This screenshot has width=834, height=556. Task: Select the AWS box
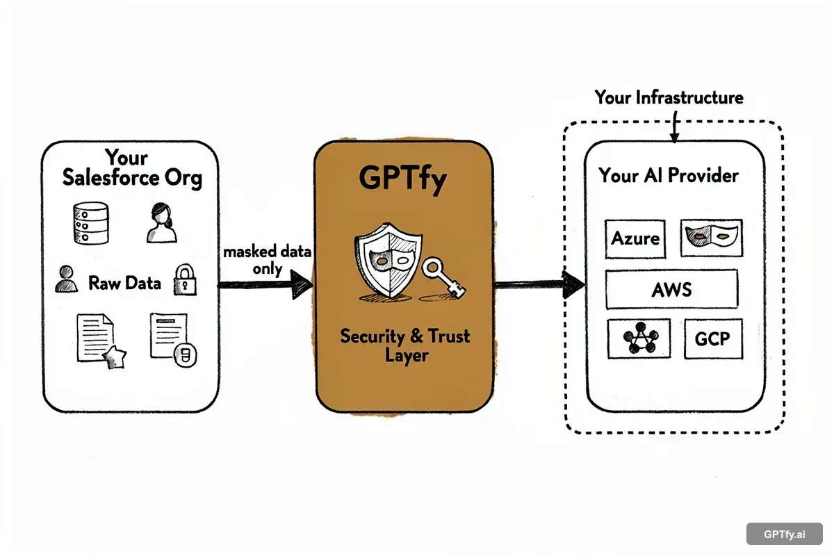click(x=671, y=289)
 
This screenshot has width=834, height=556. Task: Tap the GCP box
click(x=713, y=339)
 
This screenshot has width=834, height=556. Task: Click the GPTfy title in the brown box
click(x=403, y=179)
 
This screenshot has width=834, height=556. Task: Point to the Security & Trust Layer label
click(x=404, y=345)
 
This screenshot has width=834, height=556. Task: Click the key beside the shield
click(x=444, y=277)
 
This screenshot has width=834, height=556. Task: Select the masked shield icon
click(x=385, y=266)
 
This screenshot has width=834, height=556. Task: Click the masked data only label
click(x=267, y=260)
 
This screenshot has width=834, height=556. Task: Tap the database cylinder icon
click(x=90, y=222)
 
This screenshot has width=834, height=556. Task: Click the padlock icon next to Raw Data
click(x=185, y=279)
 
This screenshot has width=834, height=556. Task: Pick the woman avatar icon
click(x=162, y=222)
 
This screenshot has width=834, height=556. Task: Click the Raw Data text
click(x=124, y=283)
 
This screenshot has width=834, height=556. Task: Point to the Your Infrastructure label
click(x=669, y=97)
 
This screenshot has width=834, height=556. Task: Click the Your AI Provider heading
click(x=669, y=175)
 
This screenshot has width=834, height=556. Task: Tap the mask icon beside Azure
click(x=711, y=238)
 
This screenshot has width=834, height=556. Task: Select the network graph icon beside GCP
click(x=639, y=339)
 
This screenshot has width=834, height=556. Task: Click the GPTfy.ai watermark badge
click(x=784, y=534)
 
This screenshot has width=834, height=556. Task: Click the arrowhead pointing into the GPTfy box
click(x=300, y=284)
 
